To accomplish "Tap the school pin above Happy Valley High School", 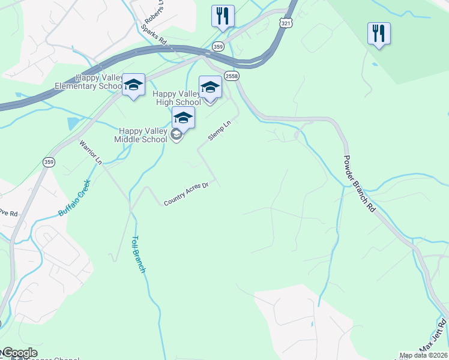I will click(x=210, y=87).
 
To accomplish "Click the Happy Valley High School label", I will click(x=177, y=98).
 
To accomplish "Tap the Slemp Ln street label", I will click(x=219, y=130).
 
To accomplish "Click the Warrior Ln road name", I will click(x=91, y=152).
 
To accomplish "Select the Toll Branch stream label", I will click(x=139, y=254).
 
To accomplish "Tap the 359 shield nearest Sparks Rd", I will click(x=218, y=46).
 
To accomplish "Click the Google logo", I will click(x=19, y=353).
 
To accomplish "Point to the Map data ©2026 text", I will click(x=424, y=355).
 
